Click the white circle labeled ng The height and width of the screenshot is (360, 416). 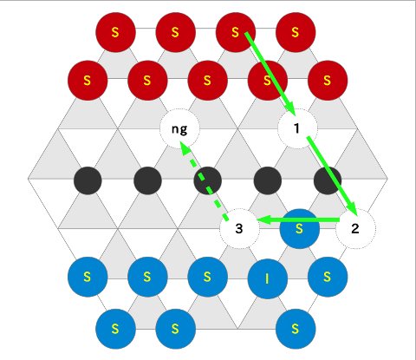[179, 128]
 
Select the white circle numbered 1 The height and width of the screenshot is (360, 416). [297, 128]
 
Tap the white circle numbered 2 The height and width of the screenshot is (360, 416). [355, 229]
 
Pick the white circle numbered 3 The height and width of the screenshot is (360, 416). [239, 229]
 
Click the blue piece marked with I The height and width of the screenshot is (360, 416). [268, 278]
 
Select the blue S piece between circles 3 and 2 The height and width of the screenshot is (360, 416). [300, 229]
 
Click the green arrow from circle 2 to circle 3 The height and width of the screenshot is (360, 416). [297, 220]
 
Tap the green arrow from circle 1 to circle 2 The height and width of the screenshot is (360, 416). [332, 176]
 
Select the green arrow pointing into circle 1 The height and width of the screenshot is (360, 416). [270, 74]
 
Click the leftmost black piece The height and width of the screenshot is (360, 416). [88, 180]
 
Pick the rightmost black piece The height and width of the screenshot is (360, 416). [328, 180]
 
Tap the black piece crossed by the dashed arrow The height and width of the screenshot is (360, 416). [208, 180]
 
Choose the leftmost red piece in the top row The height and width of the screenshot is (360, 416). [115, 32]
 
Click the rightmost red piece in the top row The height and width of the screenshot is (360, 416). [296, 32]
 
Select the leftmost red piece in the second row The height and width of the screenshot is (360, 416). [88, 81]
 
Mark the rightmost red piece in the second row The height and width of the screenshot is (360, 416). [328, 81]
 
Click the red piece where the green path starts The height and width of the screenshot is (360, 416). [236, 32]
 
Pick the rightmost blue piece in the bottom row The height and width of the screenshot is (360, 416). [296, 329]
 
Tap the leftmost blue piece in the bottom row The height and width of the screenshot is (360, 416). [115, 329]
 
